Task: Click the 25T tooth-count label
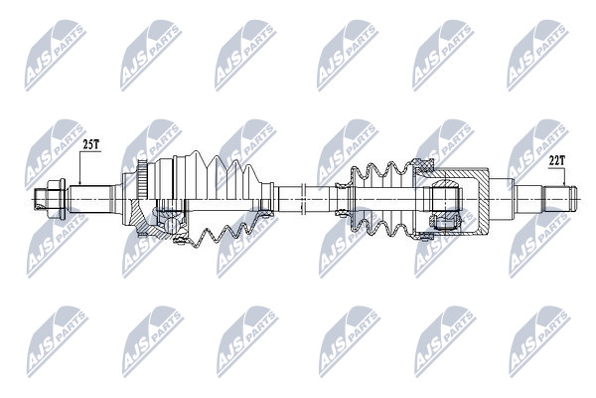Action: pos(91,144)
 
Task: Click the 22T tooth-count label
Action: pos(557,161)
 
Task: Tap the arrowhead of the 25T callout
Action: pos(79,183)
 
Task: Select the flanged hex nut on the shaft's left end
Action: pos(57,199)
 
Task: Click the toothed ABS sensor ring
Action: pos(142,179)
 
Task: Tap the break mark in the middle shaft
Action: pos(303,199)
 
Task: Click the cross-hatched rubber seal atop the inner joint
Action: pos(424,165)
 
